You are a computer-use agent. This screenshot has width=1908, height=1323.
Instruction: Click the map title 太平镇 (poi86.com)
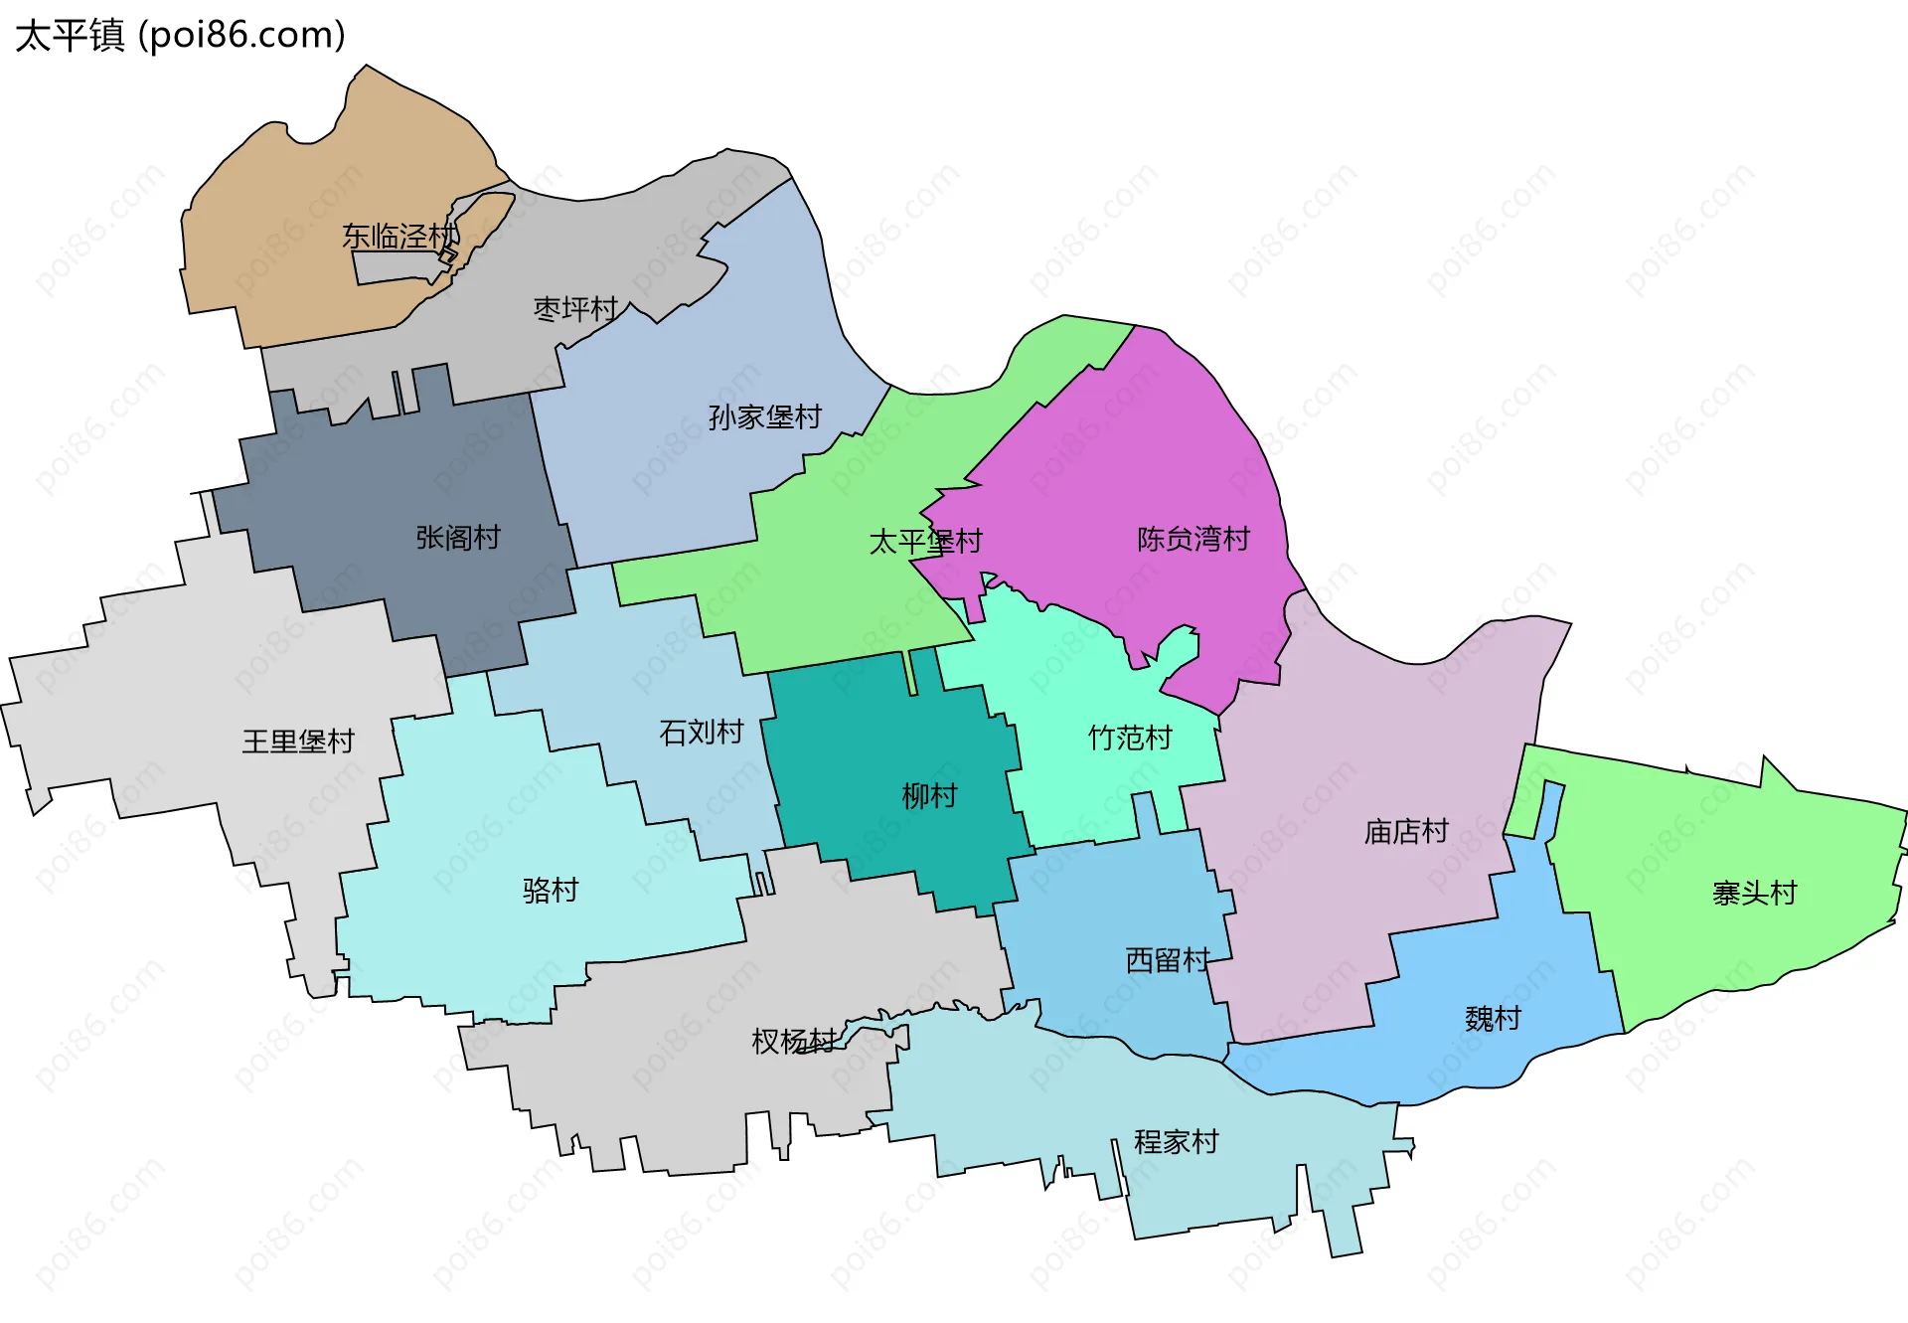tap(180, 35)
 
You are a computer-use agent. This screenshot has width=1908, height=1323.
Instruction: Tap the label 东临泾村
tap(399, 237)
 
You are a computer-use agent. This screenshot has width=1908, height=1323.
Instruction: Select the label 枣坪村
tap(575, 309)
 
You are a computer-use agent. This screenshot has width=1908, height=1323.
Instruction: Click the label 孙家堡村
tap(764, 416)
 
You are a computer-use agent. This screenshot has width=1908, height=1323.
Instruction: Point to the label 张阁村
tap(457, 538)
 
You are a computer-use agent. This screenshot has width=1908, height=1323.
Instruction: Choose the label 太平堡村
tap(925, 542)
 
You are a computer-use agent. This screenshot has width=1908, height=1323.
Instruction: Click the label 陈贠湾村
tap(1192, 539)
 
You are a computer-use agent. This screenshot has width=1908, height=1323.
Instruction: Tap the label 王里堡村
tap(297, 742)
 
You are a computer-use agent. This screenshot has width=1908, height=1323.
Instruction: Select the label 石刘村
tap(701, 733)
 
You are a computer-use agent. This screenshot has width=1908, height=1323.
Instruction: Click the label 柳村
tap(928, 795)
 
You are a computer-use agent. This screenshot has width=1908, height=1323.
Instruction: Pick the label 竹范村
tap(1130, 738)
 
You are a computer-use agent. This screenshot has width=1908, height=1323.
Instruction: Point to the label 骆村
tap(550, 890)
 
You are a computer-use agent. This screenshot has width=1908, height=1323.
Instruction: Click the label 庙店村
tap(1405, 831)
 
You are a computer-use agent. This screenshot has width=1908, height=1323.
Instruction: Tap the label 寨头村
tap(1754, 893)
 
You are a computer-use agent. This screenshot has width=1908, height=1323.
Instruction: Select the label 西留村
tap(1167, 959)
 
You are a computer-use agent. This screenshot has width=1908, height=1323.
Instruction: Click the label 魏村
tap(1493, 1018)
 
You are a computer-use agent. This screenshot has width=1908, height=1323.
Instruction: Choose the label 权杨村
tap(793, 1041)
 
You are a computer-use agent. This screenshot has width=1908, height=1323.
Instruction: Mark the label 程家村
tap(1176, 1141)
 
